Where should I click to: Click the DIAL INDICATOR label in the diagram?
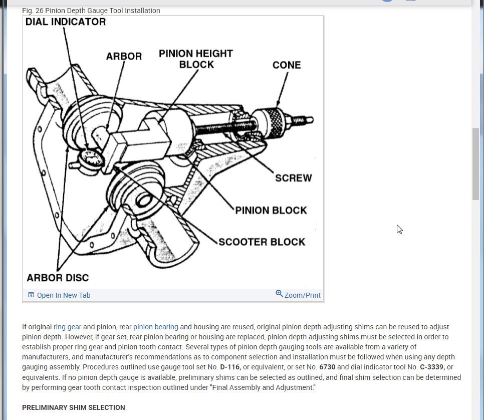click(x=66, y=22)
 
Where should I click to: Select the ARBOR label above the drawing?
click(x=124, y=56)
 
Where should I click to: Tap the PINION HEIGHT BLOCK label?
click(x=196, y=59)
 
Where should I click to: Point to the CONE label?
click(x=287, y=65)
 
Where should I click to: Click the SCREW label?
click(x=293, y=178)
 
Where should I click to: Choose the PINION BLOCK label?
click(x=271, y=211)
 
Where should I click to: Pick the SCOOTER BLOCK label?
click(x=262, y=242)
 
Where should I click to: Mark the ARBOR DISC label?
click(x=58, y=278)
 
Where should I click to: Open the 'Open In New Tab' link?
click(x=63, y=295)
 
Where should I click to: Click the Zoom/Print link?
click(x=302, y=295)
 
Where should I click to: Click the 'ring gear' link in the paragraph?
click(x=67, y=327)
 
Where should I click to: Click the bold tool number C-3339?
click(x=432, y=367)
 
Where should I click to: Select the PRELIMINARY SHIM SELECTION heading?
click(x=74, y=407)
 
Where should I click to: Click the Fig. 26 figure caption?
click(x=91, y=11)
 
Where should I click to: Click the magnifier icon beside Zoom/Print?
click(x=279, y=293)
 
